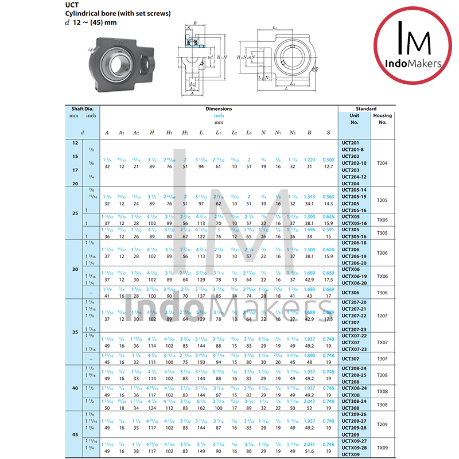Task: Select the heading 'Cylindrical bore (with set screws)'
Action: tap(117, 14)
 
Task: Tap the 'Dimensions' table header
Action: tap(219, 108)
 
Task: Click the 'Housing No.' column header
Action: tap(383, 119)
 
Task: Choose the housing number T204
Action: tap(382, 163)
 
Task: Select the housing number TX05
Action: tap(382, 220)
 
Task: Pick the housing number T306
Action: tap(382, 293)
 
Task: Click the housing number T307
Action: tap(382, 359)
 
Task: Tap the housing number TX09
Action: tap(382, 448)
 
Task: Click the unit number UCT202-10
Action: tap(354, 163)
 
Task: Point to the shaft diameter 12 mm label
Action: tap(75, 142)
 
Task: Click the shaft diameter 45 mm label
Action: tap(75, 434)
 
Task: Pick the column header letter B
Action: tap(309, 133)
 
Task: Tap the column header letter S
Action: tap(328, 133)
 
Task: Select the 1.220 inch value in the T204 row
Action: tap(309, 160)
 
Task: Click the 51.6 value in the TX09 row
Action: tap(309, 451)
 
